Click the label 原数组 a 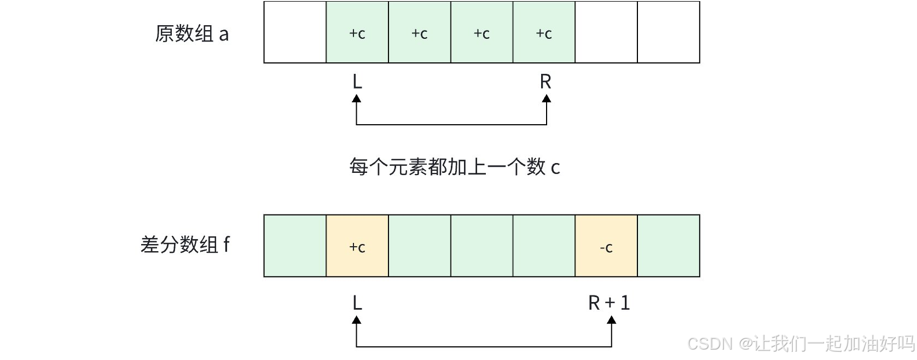192,34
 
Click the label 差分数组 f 185,245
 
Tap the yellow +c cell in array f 357,246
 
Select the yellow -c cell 606,246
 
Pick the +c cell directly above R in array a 544,33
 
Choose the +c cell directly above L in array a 357,33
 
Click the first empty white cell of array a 295,33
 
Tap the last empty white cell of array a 669,33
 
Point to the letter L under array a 357,82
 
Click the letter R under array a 545,82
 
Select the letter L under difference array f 357,303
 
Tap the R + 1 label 609,303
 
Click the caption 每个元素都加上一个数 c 455,167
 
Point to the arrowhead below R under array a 546,99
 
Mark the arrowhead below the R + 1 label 612,320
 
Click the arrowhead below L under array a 357,99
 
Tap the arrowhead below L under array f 357,320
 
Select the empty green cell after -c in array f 669,246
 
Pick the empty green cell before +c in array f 295,246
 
